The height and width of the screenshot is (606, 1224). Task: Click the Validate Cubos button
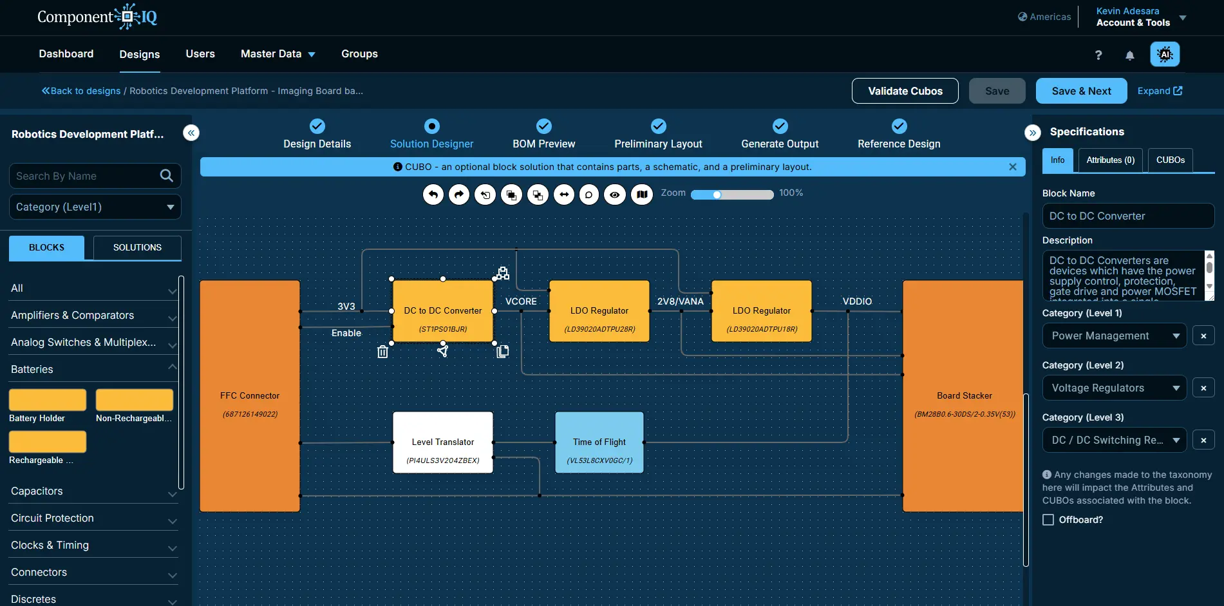tap(905, 91)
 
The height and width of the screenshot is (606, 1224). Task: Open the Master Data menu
tap(278, 54)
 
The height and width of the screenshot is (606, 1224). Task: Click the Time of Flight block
tap(599, 442)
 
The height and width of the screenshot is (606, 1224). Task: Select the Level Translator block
tap(443, 442)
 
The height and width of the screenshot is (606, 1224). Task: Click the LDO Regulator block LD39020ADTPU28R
tap(599, 311)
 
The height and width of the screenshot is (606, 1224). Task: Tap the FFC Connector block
tap(250, 395)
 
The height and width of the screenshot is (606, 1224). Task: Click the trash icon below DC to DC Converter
tap(382, 352)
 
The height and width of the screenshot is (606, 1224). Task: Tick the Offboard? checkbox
tap(1048, 520)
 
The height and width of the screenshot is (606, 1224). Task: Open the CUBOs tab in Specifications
tap(1171, 160)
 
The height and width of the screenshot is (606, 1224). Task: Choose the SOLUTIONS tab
tap(137, 248)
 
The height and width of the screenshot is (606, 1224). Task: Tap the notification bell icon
tap(1130, 55)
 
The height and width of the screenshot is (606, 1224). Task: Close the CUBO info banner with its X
tap(1013, 167)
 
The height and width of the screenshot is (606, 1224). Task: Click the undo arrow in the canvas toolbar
tap(433, 194)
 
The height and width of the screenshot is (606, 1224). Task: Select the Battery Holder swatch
tap(48, 400)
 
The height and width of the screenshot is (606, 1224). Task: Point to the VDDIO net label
tap(857, 301)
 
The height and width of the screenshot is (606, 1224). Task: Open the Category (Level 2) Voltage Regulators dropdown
tap(1115, 388)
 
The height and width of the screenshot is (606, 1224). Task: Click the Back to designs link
tap(81, 91)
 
